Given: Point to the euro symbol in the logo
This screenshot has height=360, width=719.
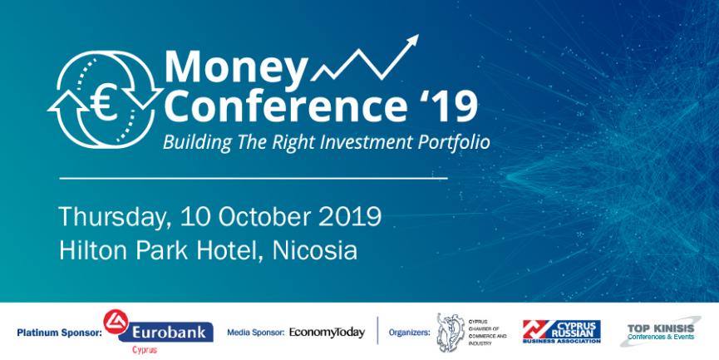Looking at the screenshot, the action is click(x=104, y=104).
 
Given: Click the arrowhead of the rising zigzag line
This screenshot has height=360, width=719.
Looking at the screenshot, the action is click(x=411, y=41).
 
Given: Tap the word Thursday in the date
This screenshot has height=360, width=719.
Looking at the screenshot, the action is click(x=115, y=217).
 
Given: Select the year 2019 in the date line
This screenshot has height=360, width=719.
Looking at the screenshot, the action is click(x=349, y=216).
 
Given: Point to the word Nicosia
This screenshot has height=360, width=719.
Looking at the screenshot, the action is click(x=314, y=250).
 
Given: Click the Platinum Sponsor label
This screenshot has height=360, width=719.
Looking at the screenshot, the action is click(x=59, y=333).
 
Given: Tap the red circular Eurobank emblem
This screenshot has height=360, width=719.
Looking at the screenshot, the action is click(x=116, y=322).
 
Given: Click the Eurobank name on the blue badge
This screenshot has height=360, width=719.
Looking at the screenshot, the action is click(x=169, y=332).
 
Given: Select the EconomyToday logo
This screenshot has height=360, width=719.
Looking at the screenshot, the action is click(x=327, y=333).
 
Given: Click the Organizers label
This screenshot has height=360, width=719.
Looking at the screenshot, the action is click(x=410, y=333).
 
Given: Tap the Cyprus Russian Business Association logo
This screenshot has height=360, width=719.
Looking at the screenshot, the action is click(x=562, y=332).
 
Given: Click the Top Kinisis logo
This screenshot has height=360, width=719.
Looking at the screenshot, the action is click(x=660, y=331).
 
